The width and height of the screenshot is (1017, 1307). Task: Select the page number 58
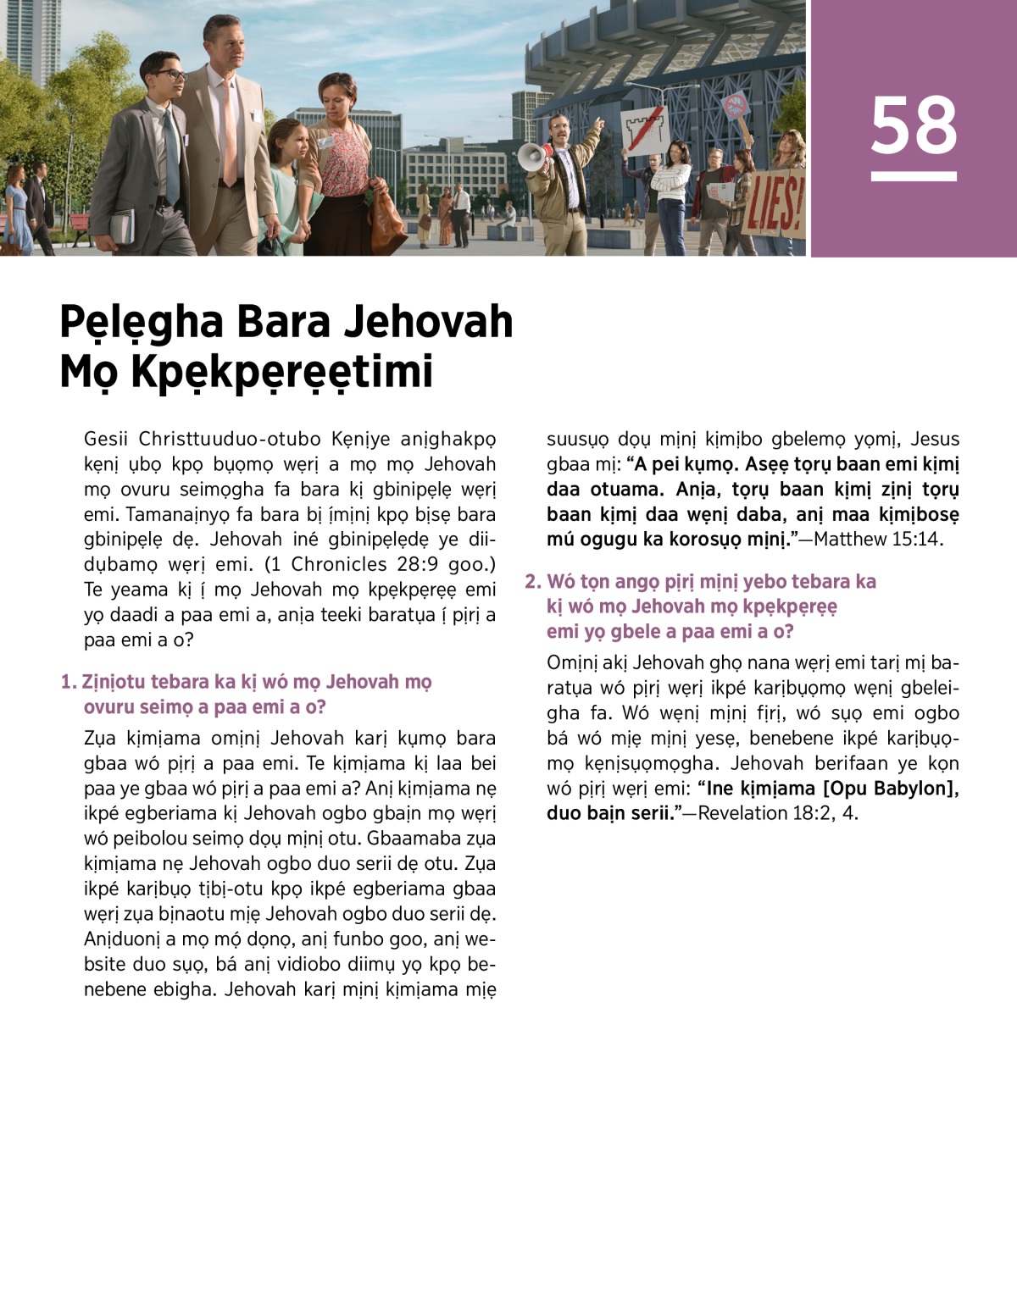pyautogui.click(x=914, y=125)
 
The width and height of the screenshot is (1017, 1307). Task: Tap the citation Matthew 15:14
pyautogui.click(x=878, y=539)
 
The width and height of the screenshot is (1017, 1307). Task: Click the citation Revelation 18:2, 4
pyautogui.click(x=778, y=813)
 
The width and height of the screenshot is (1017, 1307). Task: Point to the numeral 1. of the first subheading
pyautogui.click(x=69, y=682)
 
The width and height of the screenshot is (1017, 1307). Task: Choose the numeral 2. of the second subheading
pyautogui.click(x=532, y=581)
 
